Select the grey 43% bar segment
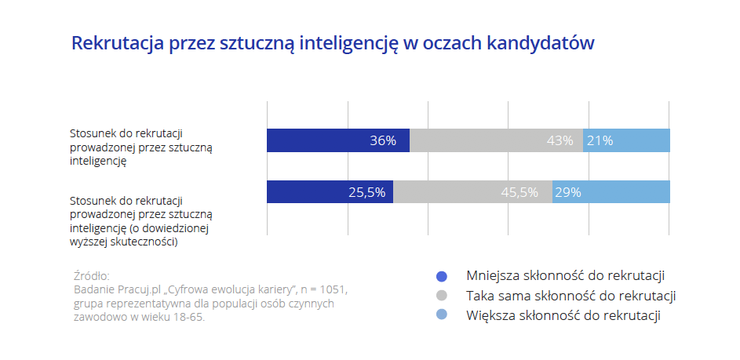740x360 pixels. (496, 140)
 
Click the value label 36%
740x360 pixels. (383, 141)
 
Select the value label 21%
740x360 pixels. (600, 141)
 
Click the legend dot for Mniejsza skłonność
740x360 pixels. (441, 276)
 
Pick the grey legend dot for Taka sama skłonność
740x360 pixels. (441, 296)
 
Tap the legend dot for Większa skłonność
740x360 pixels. (441, 315)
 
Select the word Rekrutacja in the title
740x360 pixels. (117, 43)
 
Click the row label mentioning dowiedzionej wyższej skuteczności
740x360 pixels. (141, 222)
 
